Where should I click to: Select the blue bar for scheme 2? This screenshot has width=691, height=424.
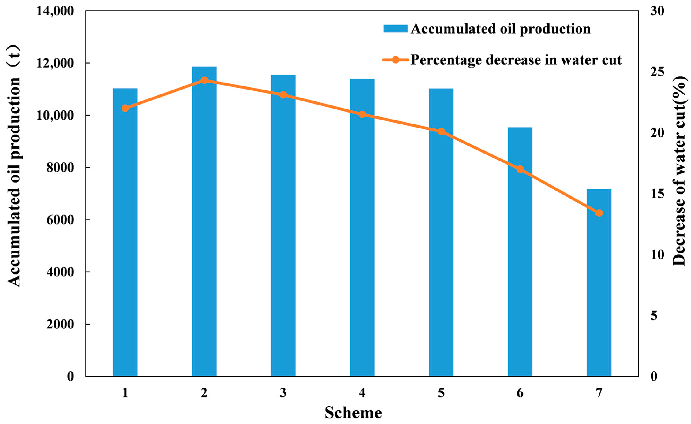click(x=204, y=221)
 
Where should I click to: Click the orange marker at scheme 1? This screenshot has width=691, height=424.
click(x=125, y=108)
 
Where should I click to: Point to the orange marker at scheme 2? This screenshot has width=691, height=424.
click(x=204, y=81)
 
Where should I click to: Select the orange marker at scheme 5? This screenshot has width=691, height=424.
click(x=441, y=131)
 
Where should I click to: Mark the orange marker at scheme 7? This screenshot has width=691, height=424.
click(x=599, y=213)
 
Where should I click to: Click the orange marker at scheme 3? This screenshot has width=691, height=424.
click(x=283, y=95)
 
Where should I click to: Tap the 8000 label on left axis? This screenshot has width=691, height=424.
click(x=60, y=168)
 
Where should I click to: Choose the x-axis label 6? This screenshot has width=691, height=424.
click(x=520, y=393)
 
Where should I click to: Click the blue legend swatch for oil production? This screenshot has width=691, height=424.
click(x=395, y=29)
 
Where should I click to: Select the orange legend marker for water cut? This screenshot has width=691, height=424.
click(x=395, y=60)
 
